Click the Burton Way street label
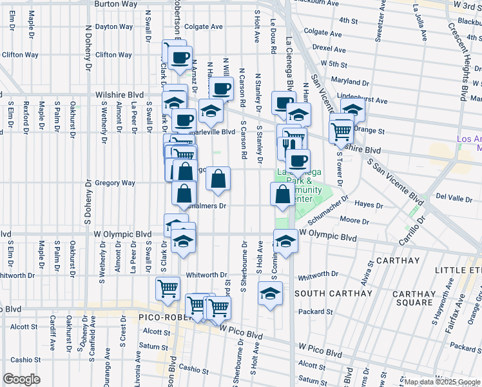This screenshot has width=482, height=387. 117,4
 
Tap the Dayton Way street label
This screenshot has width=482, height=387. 114,27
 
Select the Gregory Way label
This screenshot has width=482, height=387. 115,183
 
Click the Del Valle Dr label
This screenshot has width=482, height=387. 454,196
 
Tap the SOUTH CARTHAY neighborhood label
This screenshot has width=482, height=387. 333,294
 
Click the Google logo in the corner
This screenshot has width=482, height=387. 21,379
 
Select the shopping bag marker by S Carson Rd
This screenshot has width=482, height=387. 218,179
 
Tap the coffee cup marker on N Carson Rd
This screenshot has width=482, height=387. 221,89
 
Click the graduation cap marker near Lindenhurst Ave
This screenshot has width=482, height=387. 352,109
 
